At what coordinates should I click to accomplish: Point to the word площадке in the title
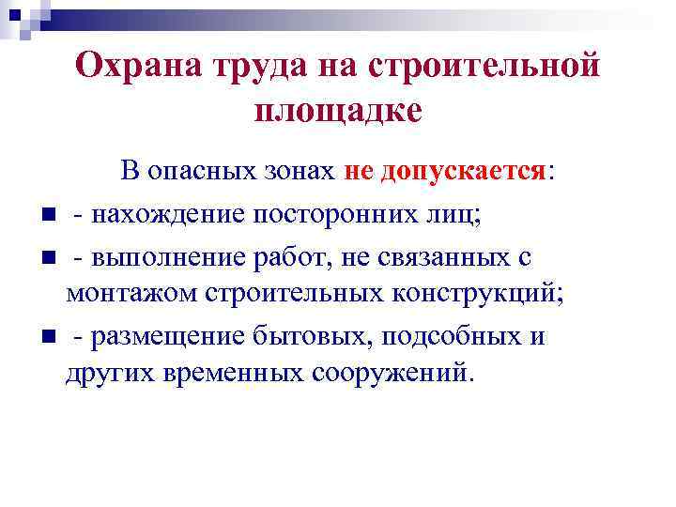338,110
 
